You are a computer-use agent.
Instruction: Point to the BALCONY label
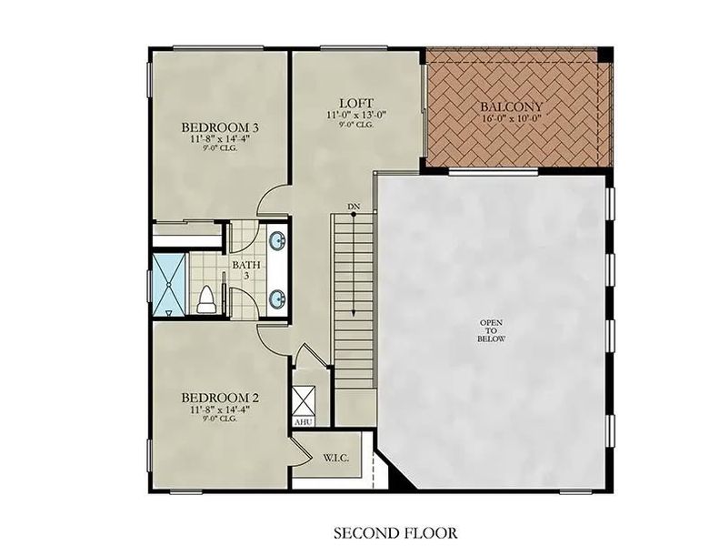511,106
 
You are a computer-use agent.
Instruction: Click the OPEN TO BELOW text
491,330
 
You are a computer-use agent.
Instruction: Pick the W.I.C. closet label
336,458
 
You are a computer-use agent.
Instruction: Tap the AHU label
303,422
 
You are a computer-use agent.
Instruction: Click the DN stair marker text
353,207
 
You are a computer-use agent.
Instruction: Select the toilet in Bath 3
206,301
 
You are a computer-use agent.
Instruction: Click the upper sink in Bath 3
278,241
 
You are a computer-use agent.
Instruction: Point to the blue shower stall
169,285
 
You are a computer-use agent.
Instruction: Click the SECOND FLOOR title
395,533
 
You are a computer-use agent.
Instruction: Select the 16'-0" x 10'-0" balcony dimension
511,118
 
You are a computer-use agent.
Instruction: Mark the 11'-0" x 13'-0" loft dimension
356,115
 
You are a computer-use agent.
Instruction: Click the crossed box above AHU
304,400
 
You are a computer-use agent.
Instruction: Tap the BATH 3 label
246,270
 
